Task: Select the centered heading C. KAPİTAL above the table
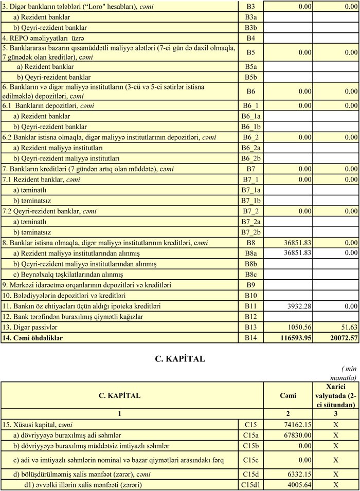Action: (179, 359)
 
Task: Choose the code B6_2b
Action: (251, 158)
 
